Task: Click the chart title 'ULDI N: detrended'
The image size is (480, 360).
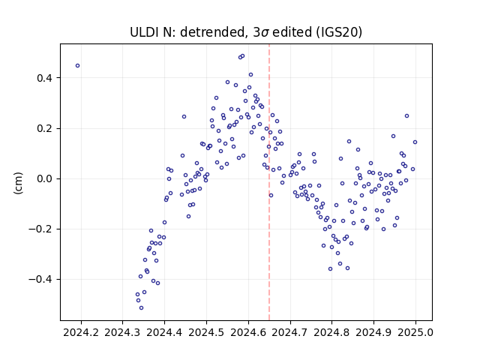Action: (188, 32)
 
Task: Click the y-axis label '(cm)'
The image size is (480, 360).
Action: (18, 183)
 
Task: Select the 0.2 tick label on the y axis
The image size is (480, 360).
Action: (45, 128)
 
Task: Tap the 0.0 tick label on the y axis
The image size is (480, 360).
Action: (45, 178)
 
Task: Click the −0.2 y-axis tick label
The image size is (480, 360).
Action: (41, 229)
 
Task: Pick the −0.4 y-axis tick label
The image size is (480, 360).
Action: (41, 280)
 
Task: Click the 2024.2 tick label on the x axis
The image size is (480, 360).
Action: (81, 333)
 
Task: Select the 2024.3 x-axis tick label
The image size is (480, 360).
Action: (122, 333)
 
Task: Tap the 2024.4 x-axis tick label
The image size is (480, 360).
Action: (164, 333)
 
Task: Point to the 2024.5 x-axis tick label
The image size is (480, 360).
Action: (206, 333)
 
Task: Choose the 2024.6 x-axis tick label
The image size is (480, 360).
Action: (248, 333)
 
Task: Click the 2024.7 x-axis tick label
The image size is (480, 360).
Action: (290, 333)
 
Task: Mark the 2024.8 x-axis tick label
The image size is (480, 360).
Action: (331, 333)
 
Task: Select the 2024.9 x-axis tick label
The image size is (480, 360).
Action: (373, 333)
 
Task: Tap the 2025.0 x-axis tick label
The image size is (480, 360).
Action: (415, 333)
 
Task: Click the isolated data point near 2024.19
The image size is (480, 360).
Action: (78, 66)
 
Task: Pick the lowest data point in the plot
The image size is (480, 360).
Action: (141, 308)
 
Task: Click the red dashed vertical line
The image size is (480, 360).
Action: (269, 182)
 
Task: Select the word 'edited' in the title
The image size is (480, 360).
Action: (292, 32)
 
